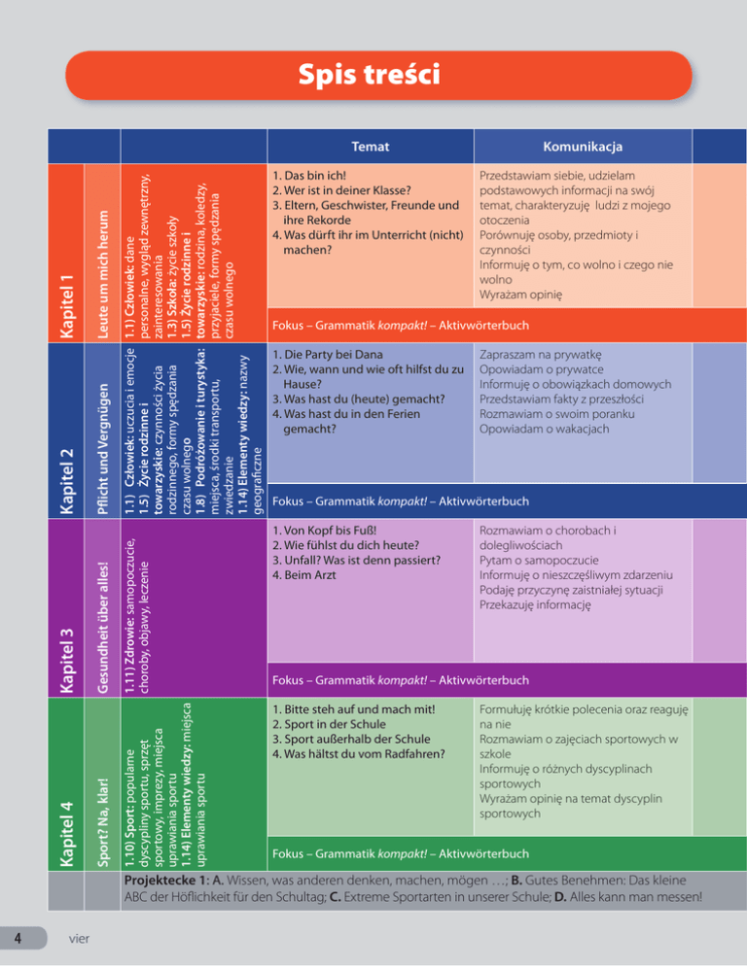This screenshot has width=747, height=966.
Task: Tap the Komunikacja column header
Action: pos(584,148)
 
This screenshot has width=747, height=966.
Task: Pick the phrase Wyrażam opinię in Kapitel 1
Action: pos(520,294)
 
